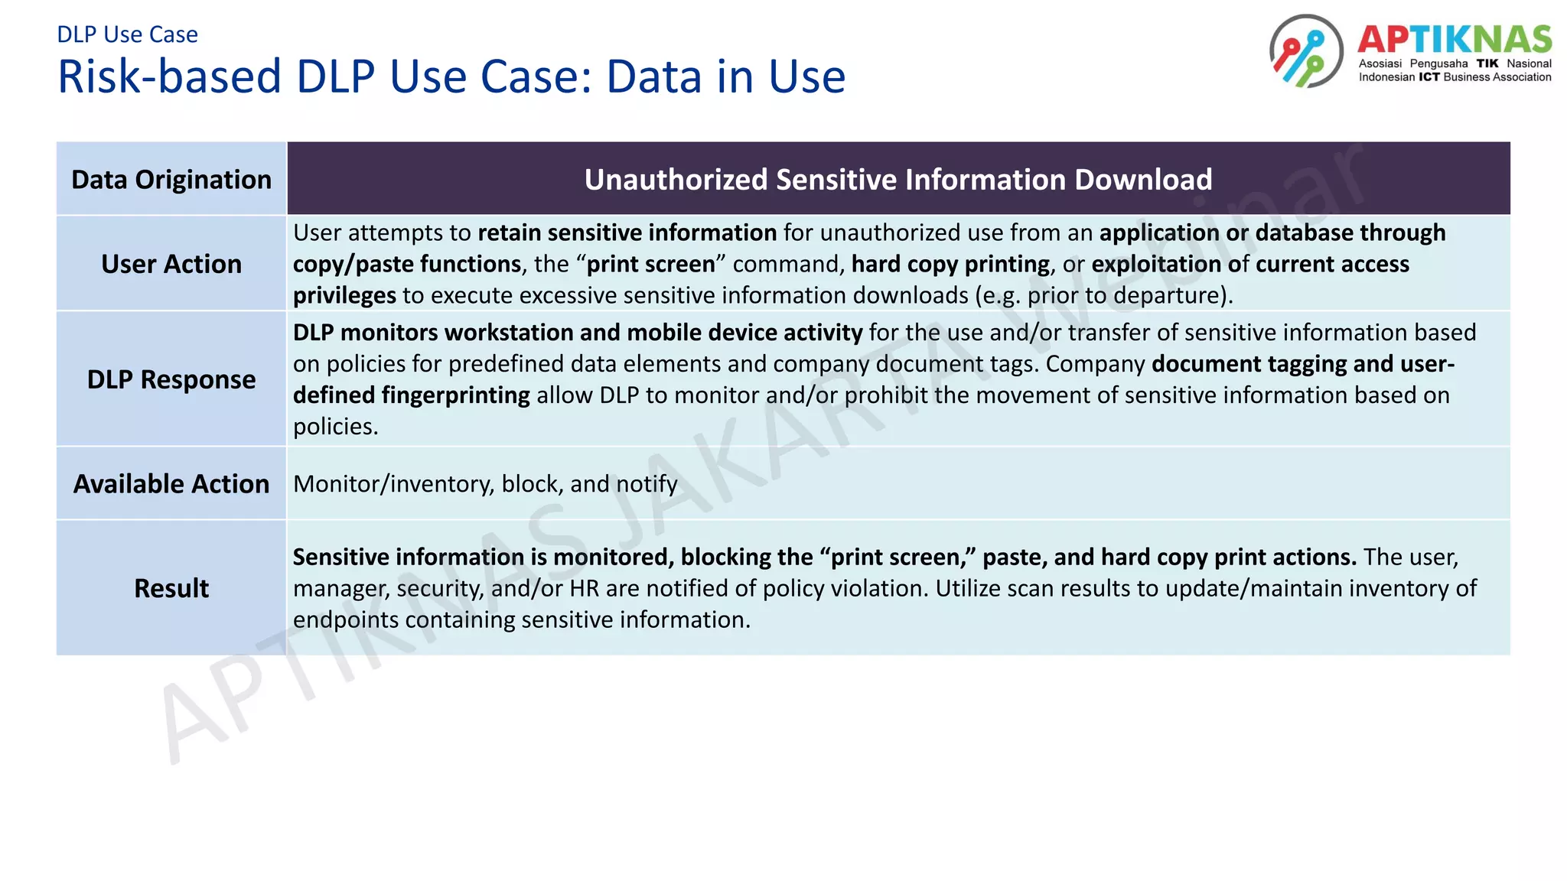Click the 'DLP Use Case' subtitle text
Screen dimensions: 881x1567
[x=127, y=34]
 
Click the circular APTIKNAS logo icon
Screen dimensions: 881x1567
[x=1306, y=51]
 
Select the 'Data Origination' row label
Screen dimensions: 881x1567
[x=171, y=180]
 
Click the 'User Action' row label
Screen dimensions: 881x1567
[x=171, y=264]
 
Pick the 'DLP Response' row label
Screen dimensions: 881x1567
[x=171, y=379]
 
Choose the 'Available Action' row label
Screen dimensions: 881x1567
[x=171, y=484]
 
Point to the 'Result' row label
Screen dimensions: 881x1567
[x=171, y=588]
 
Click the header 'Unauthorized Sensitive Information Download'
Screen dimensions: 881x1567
[x=898, y=180]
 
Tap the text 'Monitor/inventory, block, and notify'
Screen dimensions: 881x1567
[x=485, y=484]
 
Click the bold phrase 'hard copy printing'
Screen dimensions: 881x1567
[x=950, y=264]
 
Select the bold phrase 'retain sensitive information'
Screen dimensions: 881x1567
[x=627, y=232]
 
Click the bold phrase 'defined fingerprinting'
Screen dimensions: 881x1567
[x=412, y=395]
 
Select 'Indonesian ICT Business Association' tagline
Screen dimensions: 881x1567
[x=1454, y=77]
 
